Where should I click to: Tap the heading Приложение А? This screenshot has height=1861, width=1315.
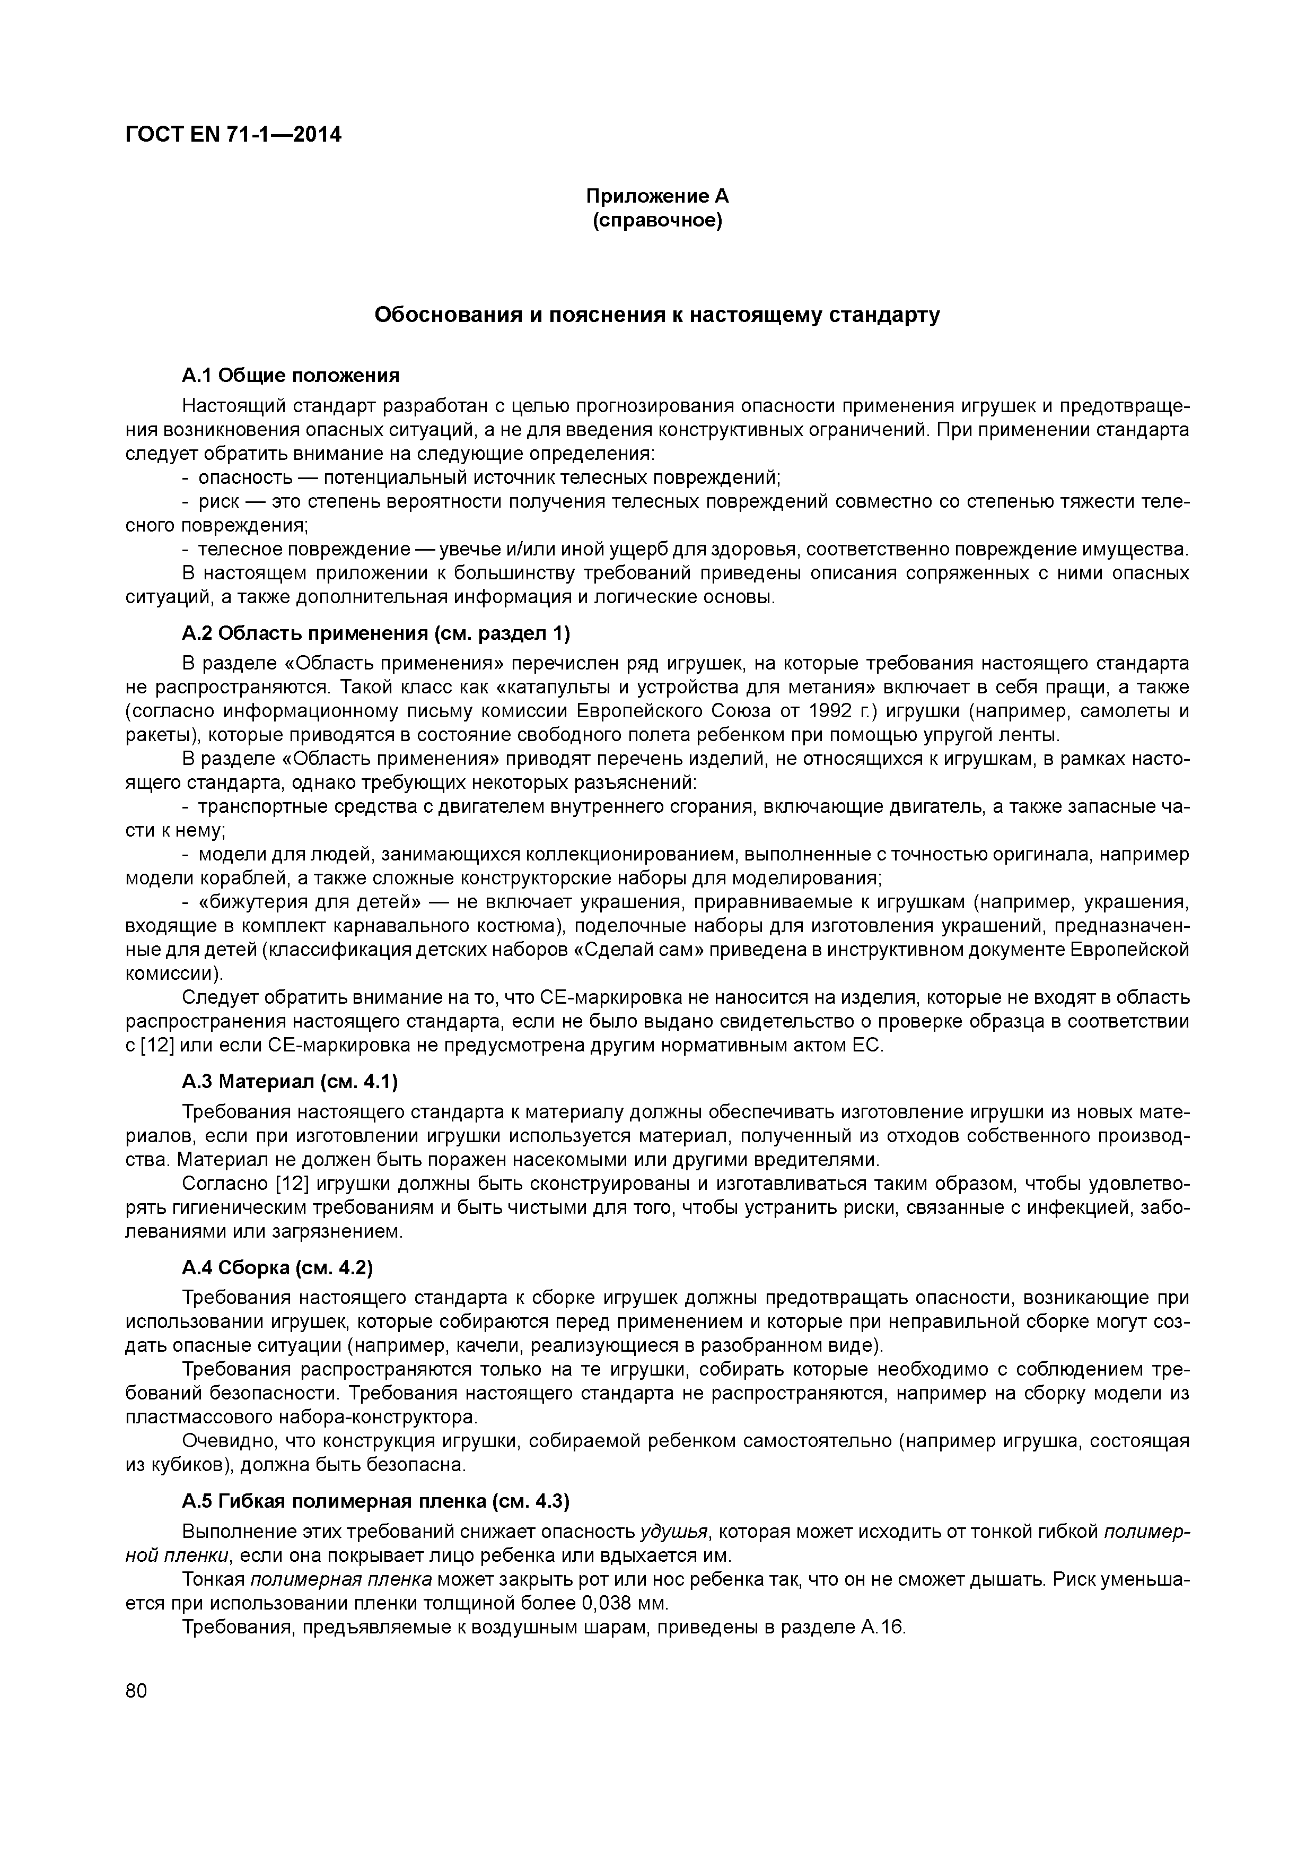[657, 196]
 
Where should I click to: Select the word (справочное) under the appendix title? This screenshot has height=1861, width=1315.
[657, 221]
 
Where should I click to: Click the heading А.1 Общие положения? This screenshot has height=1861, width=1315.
[291, 375]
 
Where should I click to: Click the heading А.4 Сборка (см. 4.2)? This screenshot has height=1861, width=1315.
[277, 1268]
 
